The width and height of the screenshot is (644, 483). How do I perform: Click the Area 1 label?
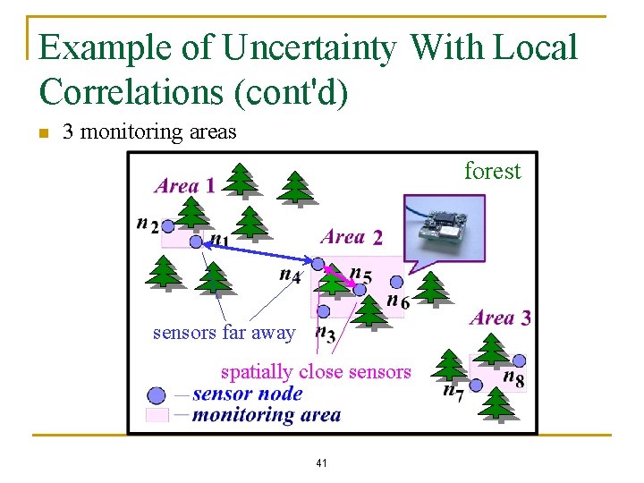(x=184, y=186)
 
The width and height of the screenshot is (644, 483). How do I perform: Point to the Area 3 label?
(x=500, y=318)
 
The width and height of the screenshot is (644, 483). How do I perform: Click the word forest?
(x=492, y=171)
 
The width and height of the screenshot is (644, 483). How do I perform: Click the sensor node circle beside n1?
(x=196, y=241)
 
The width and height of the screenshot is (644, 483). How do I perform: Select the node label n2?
(x=148, y=224)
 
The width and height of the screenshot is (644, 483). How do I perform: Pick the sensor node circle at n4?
(x=318, y=263)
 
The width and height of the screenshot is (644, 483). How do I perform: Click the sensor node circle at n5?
(x=360, y=289)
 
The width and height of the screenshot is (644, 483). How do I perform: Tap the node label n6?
(x=398, y=301)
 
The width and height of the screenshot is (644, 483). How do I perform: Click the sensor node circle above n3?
(x=324, y=311)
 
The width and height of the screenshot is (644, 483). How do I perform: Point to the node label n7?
(x=453, y=391)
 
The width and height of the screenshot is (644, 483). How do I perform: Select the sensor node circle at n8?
(x=519, y=360)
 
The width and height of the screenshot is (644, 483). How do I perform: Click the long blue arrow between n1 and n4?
(x=257, y=252)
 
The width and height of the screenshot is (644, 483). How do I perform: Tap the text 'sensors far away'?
(x=224, y=333)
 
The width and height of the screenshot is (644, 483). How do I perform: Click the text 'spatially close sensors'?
(x=316, y=372)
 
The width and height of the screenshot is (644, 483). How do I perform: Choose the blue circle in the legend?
(x=157, y=394)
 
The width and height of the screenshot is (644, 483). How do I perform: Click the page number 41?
(x=321, y=463)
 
